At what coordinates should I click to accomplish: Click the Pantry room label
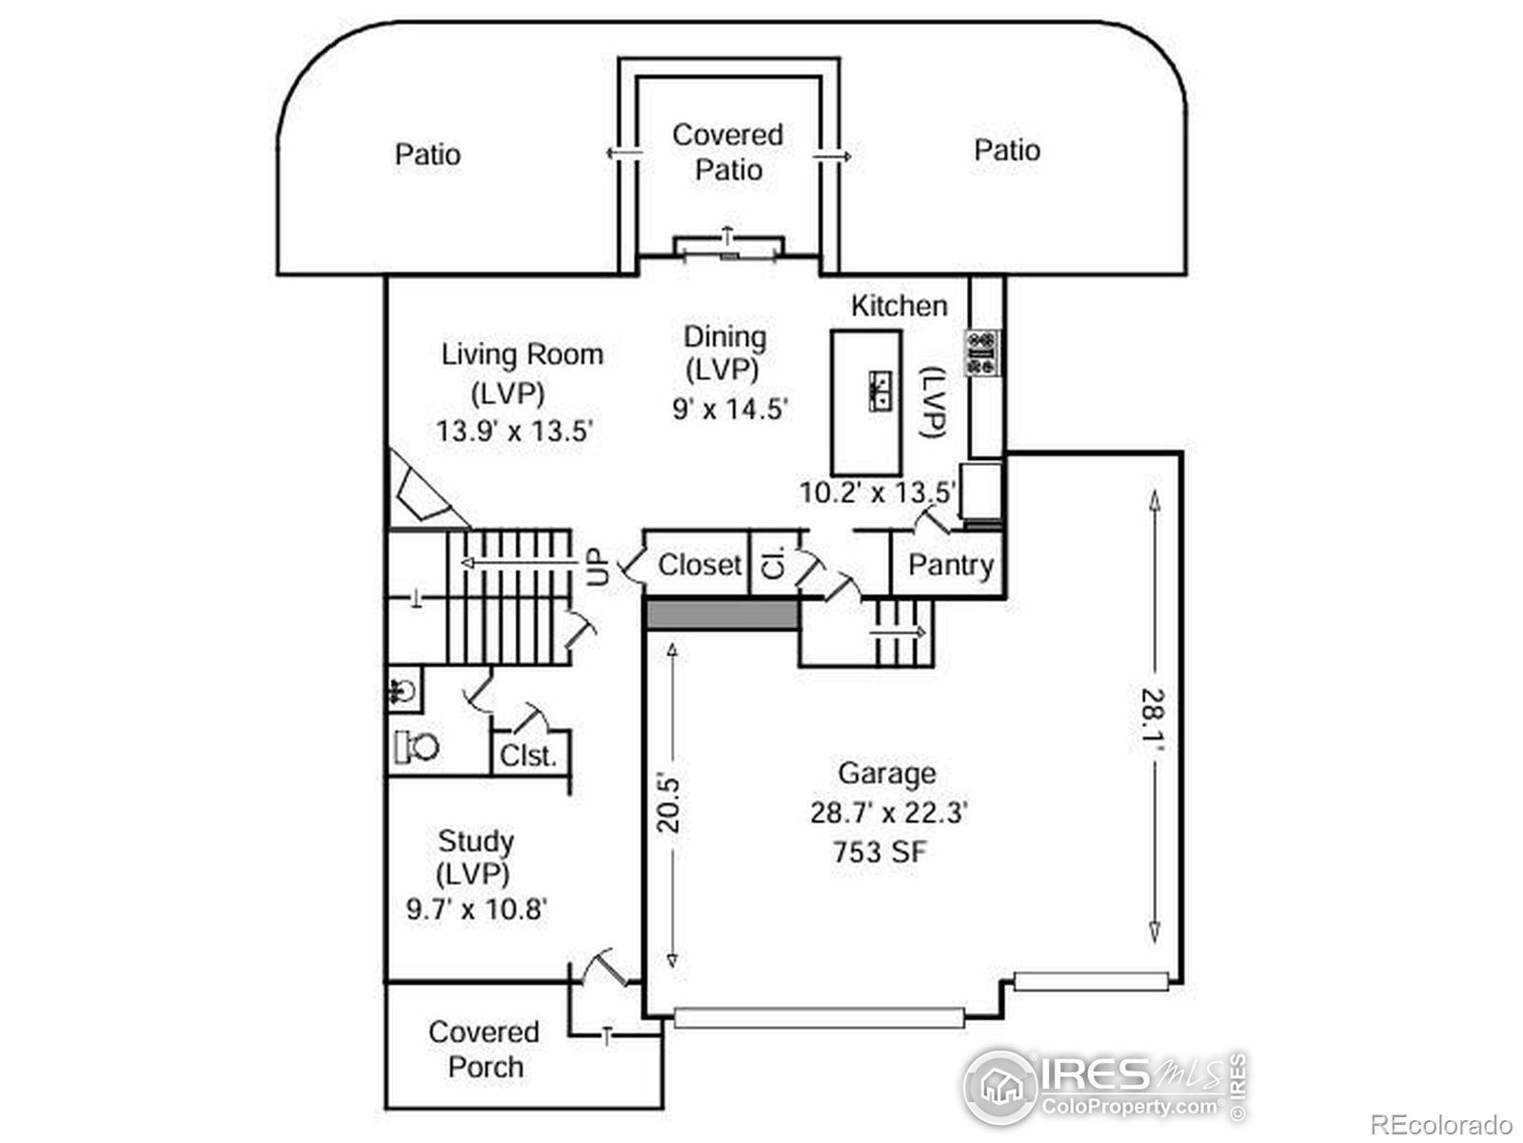point(951,566)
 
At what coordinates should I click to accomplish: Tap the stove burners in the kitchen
point(981,353)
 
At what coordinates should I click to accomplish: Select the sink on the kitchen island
point(880,391)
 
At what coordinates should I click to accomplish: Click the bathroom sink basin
point(404,691)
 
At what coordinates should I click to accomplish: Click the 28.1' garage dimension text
point(1153,714)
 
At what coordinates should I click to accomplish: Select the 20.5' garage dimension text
point(669,804)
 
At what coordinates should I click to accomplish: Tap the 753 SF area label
point(880,852)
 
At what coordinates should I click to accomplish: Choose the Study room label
point(476,841)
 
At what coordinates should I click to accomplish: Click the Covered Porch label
point(485,1050)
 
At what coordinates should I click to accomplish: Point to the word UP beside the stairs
point(598,566)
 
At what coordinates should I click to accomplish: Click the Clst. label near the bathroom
point(528,755)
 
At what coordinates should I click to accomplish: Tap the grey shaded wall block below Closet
point(722,615)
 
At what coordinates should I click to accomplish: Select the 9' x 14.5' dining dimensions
point(730,409)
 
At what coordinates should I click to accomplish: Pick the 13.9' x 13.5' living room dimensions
point(514,431)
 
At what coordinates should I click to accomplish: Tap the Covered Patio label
point(728,152)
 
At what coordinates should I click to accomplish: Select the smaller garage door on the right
point(1092,981)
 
